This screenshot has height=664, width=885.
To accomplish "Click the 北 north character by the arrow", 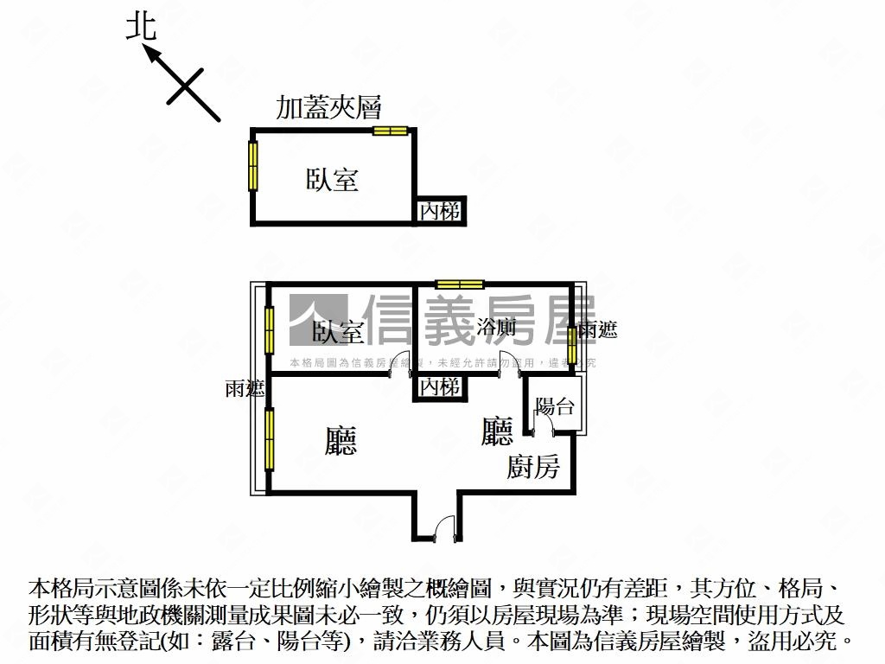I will click(x=141, y=26).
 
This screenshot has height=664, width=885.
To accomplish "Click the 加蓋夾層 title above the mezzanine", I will click(x=328, y=107).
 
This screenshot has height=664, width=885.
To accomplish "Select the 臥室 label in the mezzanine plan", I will click(x=332, y=180).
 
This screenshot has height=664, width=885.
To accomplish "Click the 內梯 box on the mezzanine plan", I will click(x=439, y=211).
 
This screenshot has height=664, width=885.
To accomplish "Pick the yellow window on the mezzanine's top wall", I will click(x=390, y=131).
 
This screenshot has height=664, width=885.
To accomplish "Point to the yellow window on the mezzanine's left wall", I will click(x=253, y=165).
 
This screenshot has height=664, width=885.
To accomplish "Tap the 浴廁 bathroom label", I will click(x=496, y=328).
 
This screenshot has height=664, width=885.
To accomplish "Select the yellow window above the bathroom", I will click(x=460, y=284).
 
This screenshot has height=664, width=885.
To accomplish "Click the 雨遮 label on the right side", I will click(x=598, y=329).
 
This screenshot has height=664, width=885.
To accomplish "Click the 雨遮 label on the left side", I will click(x=245, y=389).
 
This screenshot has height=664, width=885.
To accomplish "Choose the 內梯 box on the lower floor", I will click(x=439, y=387).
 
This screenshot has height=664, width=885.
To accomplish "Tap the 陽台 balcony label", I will click(x=555, y=406).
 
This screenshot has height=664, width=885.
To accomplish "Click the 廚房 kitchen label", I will click(x=533, y=468).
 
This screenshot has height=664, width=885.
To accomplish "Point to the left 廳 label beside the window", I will click(x=341, y=441).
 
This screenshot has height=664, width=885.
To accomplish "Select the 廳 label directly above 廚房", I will click(x=497, y=431).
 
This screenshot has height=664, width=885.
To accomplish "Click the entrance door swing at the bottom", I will click(x=444, y=527).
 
